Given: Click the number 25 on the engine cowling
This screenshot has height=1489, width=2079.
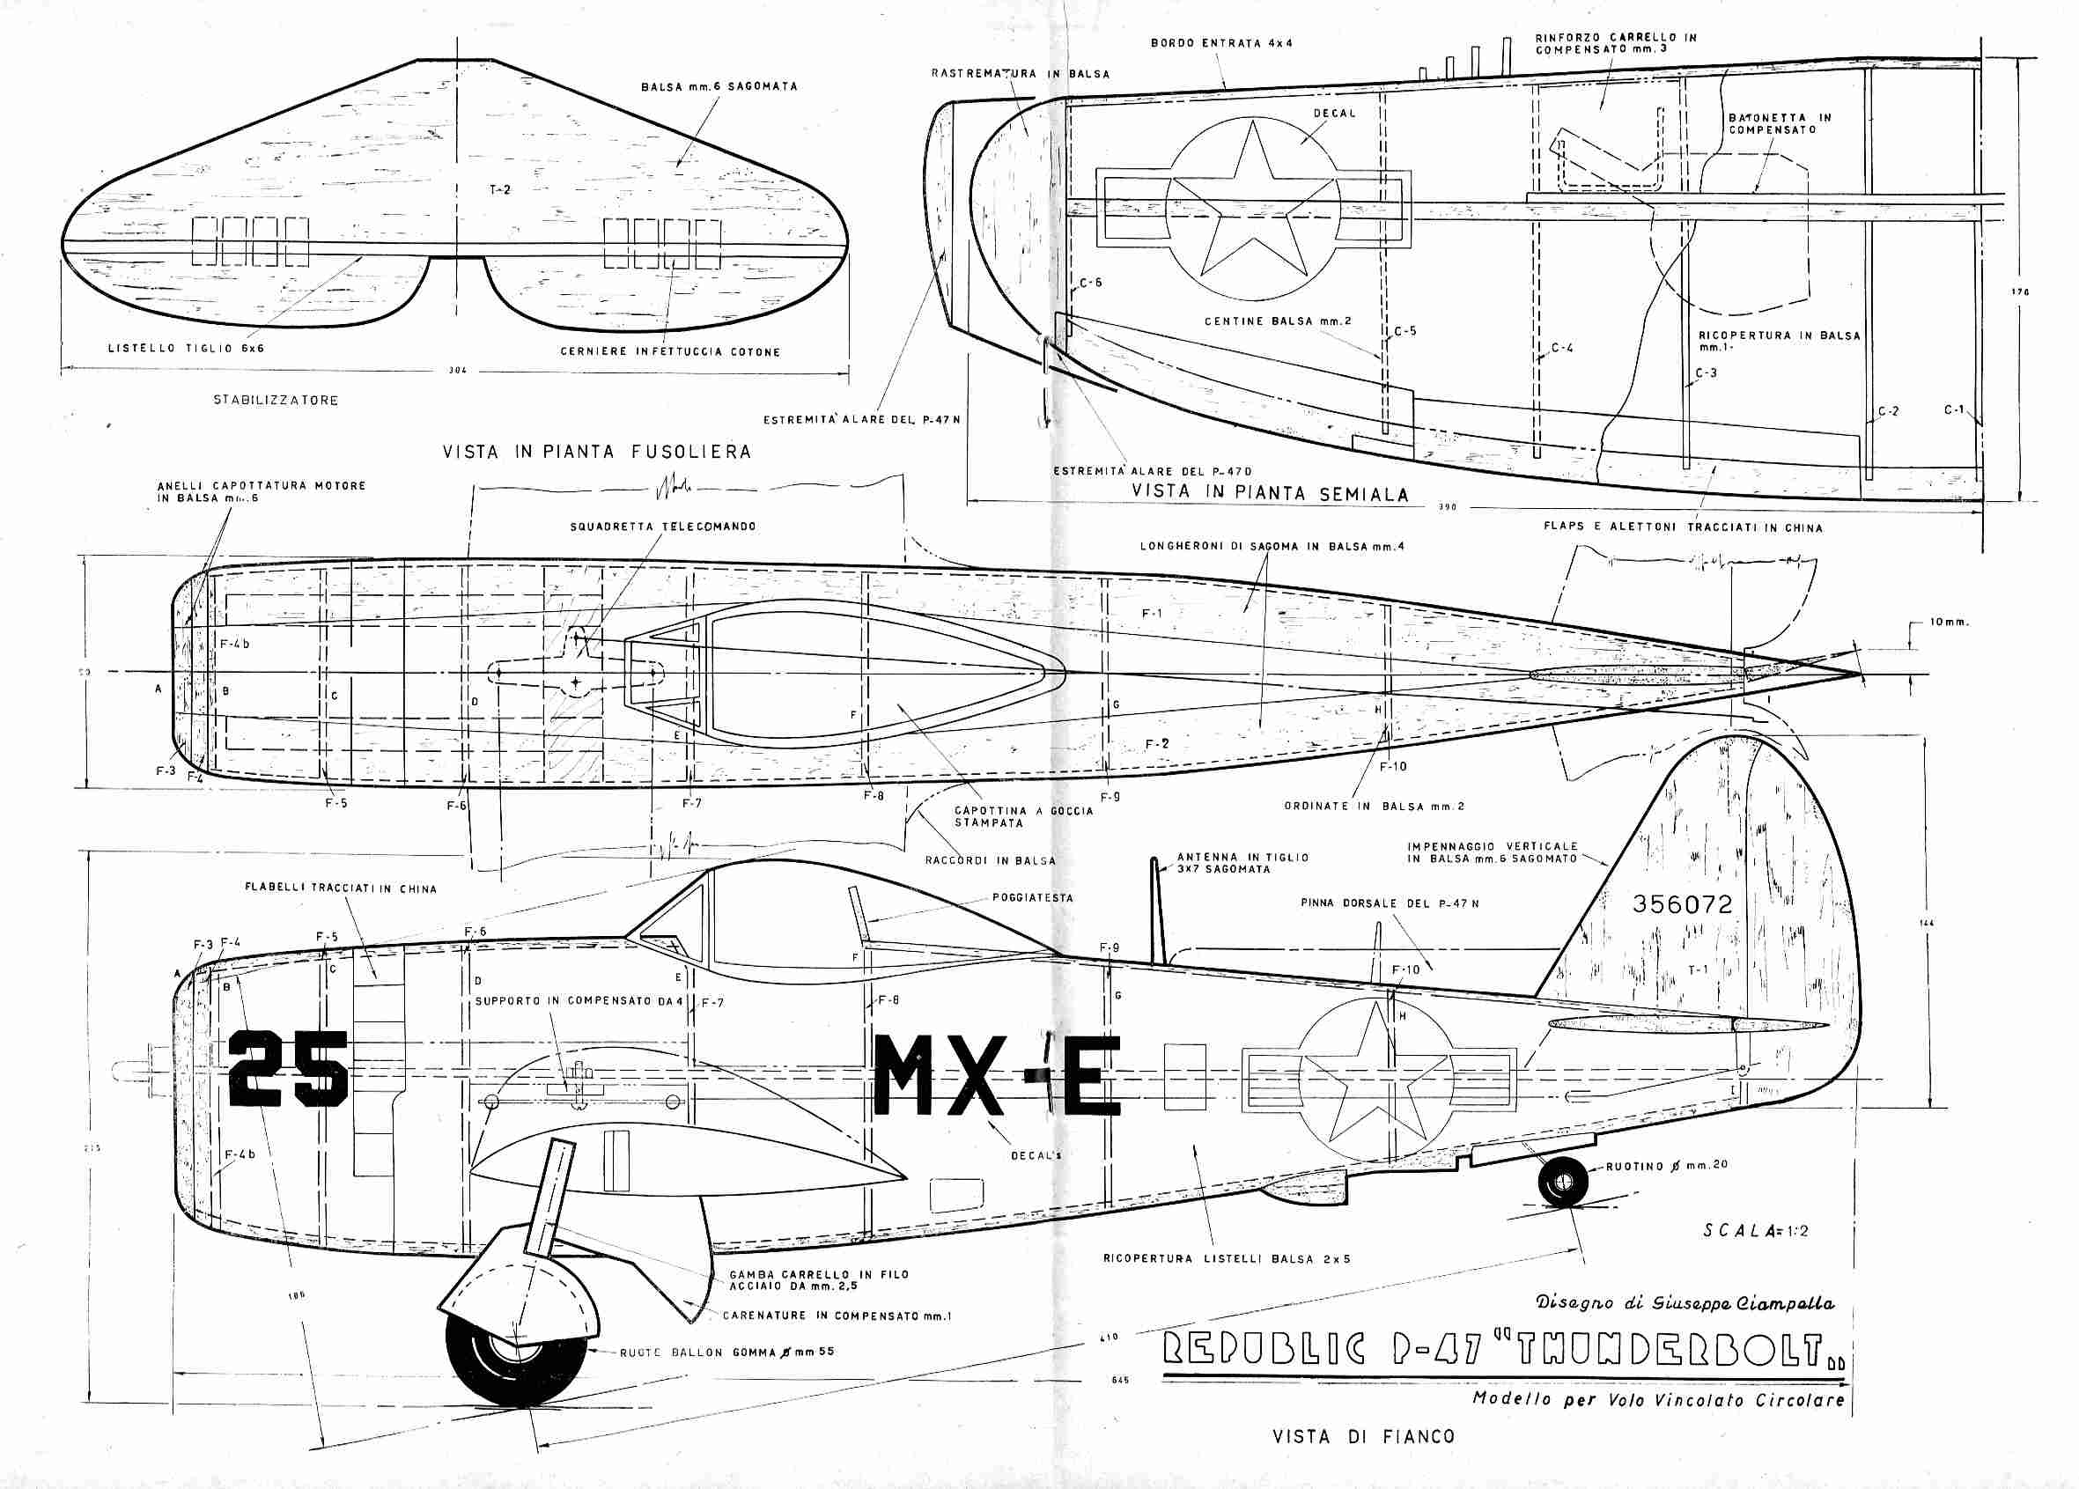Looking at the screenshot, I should click(x=288, y=1069).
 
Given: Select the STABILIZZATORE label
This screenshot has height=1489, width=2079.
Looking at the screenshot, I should click(x=276, y=401).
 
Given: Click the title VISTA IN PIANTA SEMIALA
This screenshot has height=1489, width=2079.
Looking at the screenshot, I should click(x=1270, y=492).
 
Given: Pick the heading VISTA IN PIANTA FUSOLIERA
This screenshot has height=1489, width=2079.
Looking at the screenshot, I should click(x=597, y=452).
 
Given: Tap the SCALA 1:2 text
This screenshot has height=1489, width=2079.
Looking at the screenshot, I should click(x=1757, y=1230).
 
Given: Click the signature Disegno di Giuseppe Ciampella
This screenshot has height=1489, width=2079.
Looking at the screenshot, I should click(x=1685, y=1302).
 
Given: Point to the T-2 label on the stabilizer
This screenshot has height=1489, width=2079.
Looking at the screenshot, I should click(x=499, y=190).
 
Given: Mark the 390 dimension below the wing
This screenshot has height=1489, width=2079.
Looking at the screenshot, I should click(x=1447, y=507).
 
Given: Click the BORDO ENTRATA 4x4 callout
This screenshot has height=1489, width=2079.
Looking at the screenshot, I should click(x=1222, y=43).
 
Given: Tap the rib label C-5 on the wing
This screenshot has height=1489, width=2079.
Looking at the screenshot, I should click(x=1405, y=330).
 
